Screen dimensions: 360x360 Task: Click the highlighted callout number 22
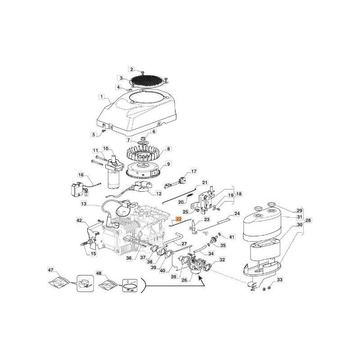pyautogui.click(x=178, y=219)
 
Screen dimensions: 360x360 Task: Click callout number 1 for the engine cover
pyautogui.click(x=102, y=96)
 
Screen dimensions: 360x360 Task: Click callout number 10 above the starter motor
pyautogui.click(x=106, y=148)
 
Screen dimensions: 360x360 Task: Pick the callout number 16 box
pyautogui.click(x=81, y=175)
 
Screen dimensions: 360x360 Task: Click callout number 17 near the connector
pyautogui.click(x=194, y=171)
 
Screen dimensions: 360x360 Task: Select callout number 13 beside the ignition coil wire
pyautogui.click(x=83, y=204)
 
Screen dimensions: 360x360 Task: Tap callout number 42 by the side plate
pyautogui.click(x=80, y=220)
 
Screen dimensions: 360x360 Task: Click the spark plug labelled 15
pyautogui.click(x=87, y=244)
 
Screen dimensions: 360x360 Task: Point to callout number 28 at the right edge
pyautogui.click(x=308, y=220)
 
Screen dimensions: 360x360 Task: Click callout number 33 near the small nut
pyautogui.click(x=279, y=280)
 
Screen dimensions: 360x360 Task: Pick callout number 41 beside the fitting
pyautogui.click(x=232, y=237)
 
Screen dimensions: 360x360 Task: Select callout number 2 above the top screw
pyautogui.click(x=132, y=69)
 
